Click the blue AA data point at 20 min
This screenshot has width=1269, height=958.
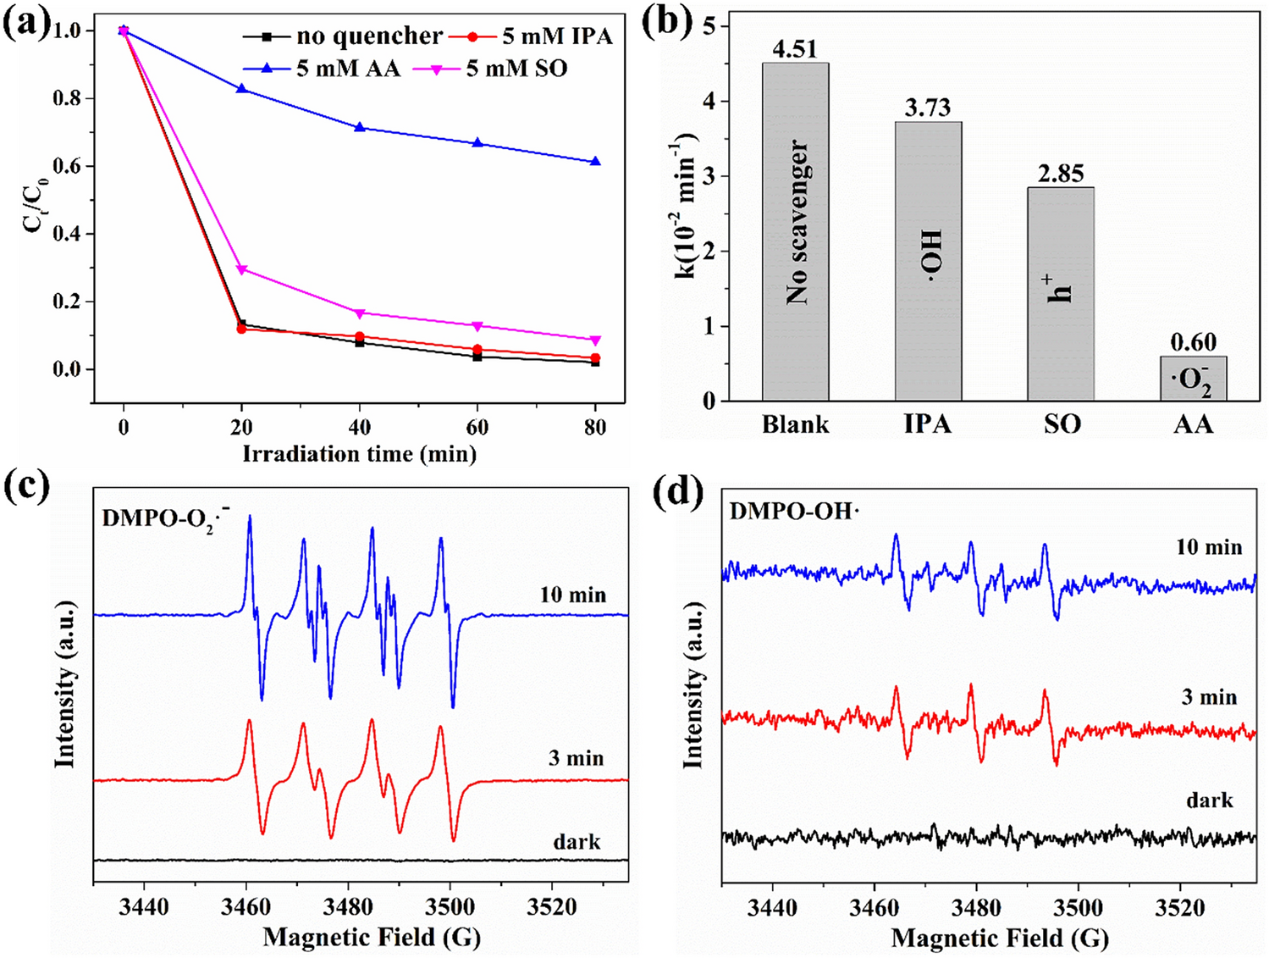tap(242, 88)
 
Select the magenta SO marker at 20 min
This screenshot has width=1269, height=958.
tap(242, 269)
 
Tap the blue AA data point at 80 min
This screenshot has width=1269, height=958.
tap(596, 161)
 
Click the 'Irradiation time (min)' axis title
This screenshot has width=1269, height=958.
tap(360, 454)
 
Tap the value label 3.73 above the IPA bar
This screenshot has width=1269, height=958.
tap(928, 108)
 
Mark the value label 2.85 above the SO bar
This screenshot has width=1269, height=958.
tap(1061, 174)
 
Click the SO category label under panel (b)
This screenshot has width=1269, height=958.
tap(1062, 424)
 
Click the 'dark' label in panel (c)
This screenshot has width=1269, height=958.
tap(577, 841)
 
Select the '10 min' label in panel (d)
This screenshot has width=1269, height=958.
tap(1209, 547)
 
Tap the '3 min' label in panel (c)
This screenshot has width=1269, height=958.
tap(576, 757)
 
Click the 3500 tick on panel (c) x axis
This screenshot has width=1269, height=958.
tap(450, 907)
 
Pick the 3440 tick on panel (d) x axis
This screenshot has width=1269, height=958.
tap(772, 908)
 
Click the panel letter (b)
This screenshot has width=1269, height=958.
tap(667, 22)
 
